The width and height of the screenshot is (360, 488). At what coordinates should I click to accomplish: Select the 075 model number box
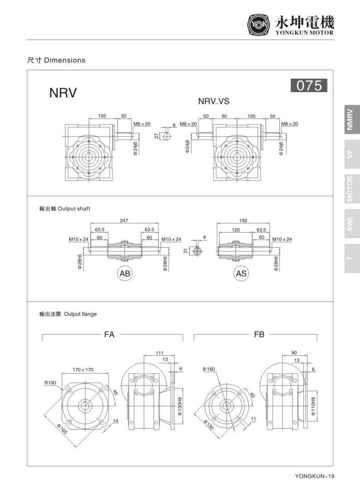(x=309, y=86)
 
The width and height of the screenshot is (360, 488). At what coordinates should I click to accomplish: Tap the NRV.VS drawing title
(x=214, y=101)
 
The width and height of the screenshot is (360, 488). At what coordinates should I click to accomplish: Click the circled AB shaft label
(x=125, y=273)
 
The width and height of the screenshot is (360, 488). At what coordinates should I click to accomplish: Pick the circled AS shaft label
(x=241, y=273)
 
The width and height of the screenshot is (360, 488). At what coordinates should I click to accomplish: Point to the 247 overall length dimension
(x=124, y=220)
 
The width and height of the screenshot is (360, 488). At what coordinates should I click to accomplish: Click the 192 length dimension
(x=243, y=220)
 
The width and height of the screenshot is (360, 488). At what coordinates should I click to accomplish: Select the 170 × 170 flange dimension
(x=83, y=370)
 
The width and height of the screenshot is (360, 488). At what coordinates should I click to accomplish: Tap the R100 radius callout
(x=50, y=383)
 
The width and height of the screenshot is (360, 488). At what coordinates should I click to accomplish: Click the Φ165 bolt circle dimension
(x=62, y=429)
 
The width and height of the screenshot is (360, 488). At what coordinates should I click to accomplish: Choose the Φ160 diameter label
(x=209, y=369)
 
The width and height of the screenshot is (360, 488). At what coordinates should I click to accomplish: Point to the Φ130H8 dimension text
(x=180, y=406)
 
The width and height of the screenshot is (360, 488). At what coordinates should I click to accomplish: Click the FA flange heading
(x=109, y=334)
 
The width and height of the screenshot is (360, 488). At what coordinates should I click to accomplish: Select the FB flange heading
(x=259, y=334)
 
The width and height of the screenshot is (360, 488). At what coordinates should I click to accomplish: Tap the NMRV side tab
(x=352, y=120)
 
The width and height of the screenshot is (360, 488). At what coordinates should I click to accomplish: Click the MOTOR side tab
(x=352, y=189)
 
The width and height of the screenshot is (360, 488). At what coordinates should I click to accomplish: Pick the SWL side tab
(x=352, y=224)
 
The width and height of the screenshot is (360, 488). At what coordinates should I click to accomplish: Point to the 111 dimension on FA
(x=159, y=353)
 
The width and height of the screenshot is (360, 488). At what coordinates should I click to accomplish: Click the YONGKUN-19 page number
(x=315, y=476)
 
